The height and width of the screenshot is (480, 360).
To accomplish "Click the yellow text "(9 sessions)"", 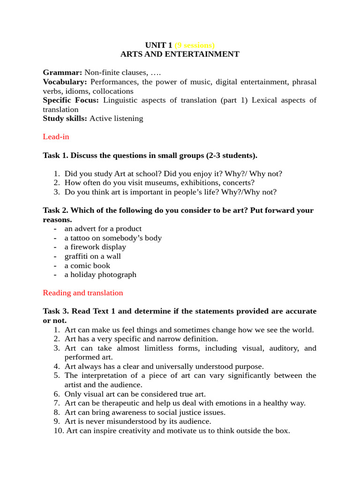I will (x=195, y=45).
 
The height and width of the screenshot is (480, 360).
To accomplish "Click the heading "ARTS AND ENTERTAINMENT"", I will (x=180, y=54).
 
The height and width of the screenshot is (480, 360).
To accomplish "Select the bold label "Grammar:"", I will (x=62, y=73).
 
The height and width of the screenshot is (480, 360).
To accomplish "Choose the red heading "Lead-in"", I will (x=56, y=137).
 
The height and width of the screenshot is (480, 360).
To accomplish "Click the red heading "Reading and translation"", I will (x=83, y=293).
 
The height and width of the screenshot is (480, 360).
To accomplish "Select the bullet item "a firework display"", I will (x=95, y=247).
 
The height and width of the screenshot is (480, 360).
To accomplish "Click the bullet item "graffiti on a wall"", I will (x=92, y=256).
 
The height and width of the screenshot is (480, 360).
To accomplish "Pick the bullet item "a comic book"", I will (x=87, y=265).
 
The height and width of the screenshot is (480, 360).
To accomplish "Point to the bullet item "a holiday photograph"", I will (x=100, y=275).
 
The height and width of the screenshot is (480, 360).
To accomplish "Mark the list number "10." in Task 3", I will (x=60, y=430).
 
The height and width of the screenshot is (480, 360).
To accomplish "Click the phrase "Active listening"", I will (x=116, y=119).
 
